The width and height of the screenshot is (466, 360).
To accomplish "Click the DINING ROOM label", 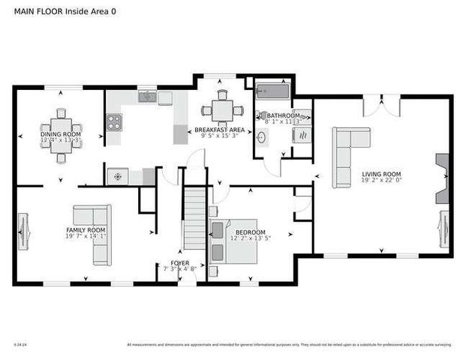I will pos(61,134).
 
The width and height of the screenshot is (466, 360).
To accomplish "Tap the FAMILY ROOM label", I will pos(86,230).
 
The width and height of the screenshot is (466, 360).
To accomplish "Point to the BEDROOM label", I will pos(250,232).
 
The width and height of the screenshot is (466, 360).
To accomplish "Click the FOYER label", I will pos(180,262).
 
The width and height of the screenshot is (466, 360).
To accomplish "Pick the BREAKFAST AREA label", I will pos(216,130).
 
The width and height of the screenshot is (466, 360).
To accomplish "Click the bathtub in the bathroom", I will pos(272,91).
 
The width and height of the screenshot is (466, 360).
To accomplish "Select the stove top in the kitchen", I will pos(113,121).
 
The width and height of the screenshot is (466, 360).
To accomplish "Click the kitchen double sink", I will pos(147,96).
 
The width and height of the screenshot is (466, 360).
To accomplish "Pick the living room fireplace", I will pos(441,180).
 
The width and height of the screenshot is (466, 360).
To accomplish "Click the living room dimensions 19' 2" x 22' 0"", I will pos(382,180).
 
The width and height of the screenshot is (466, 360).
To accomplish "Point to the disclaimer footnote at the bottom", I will pos(290,345).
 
